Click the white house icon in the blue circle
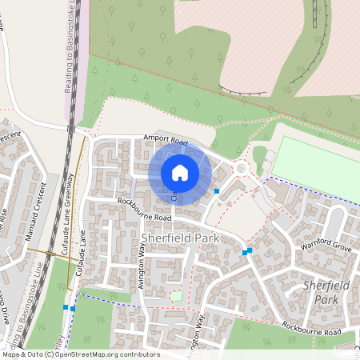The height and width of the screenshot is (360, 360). (180, 172)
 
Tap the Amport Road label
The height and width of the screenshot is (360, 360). (165, 140)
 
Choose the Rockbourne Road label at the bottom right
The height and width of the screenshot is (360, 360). (312, 328)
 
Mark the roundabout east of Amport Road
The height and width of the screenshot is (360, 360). (241, 168)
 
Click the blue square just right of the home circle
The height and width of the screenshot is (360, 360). (217, 190)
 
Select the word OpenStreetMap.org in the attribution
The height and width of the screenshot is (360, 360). (92, 354)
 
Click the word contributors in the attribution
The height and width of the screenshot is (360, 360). (139, 354)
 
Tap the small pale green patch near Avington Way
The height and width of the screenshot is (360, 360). (176, 297)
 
